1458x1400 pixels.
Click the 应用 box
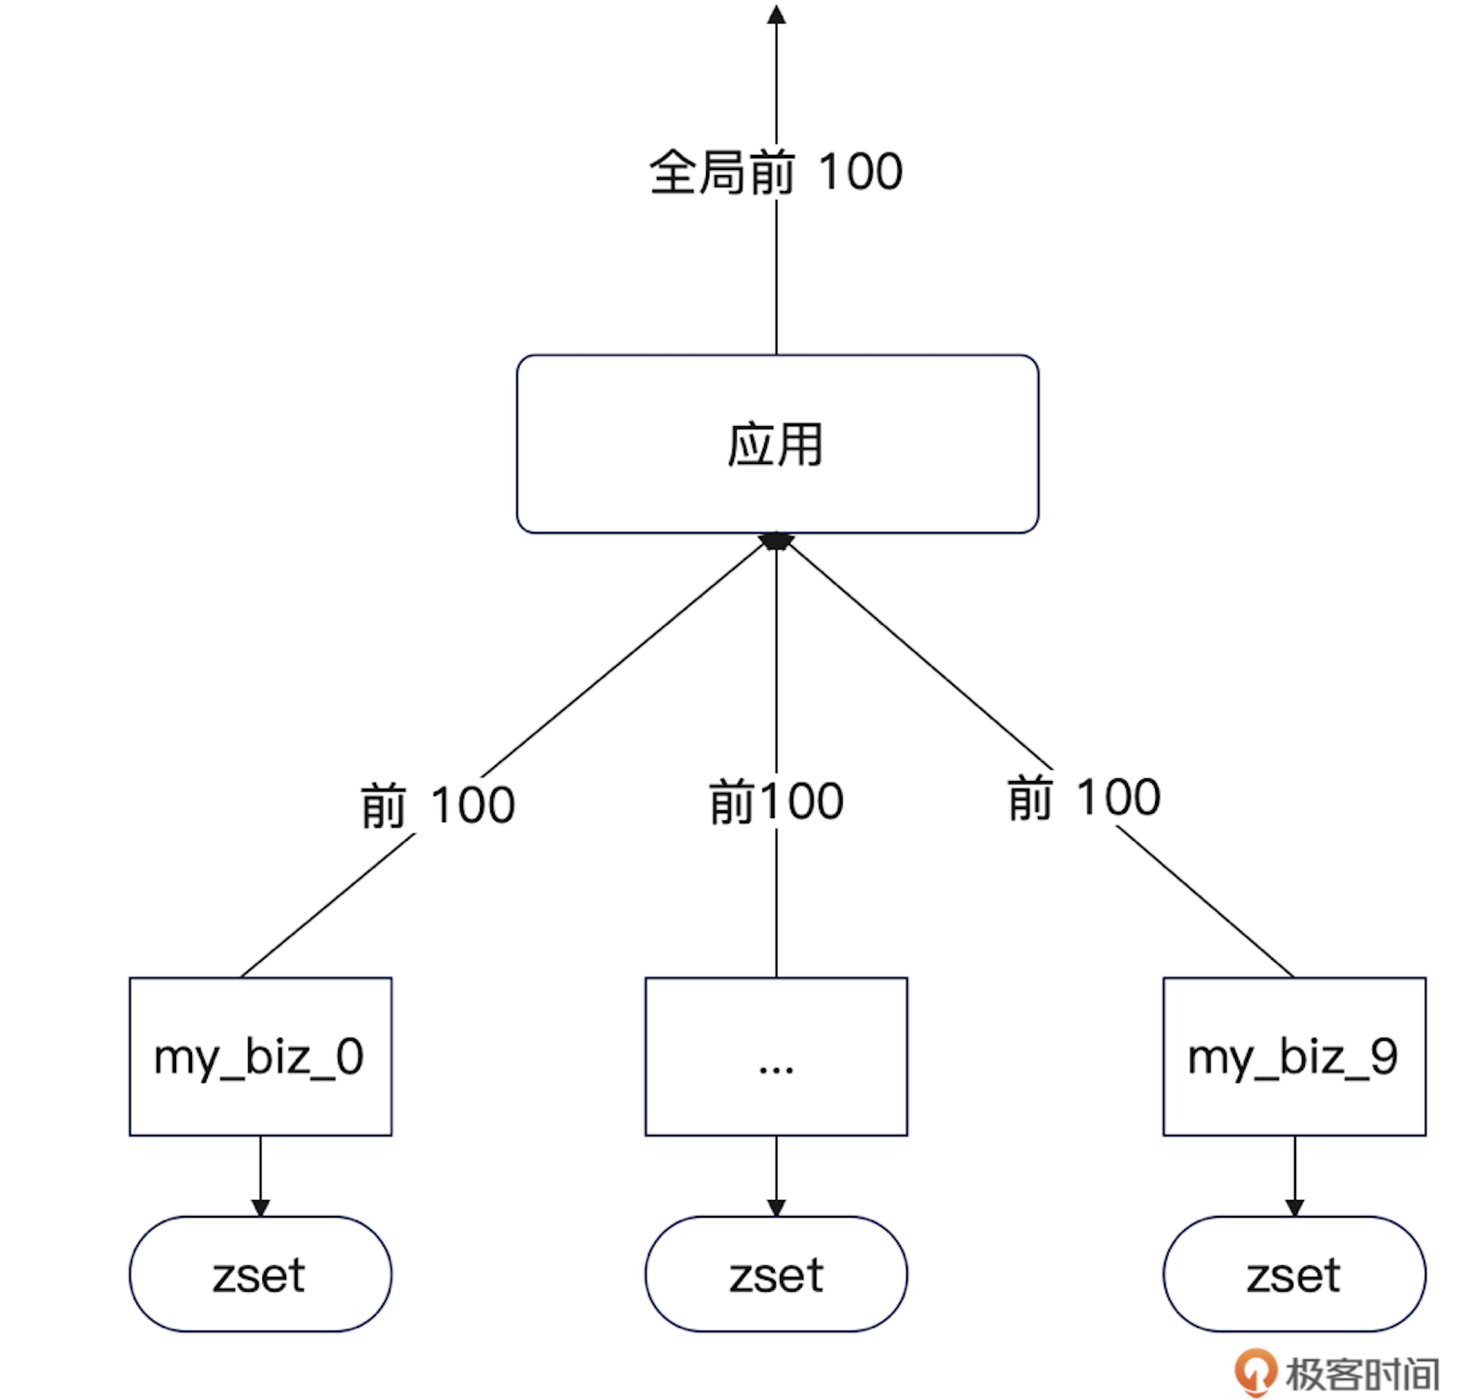777,444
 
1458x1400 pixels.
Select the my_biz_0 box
260,1056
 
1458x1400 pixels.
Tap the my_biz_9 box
1293,1056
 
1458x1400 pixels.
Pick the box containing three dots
776,1056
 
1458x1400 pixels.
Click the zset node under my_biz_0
260,1273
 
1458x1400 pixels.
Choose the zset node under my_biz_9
1293,1273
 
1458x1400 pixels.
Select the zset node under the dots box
776,1273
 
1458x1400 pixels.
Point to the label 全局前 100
776,172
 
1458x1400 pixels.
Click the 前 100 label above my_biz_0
438,805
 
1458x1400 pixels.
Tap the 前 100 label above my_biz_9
1084,798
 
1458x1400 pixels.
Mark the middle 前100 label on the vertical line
776,801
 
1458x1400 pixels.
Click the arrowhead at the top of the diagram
776,14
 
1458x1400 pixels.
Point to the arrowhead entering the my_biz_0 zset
260,1207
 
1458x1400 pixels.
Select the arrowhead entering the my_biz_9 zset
1293,1207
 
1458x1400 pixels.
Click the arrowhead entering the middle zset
776,1207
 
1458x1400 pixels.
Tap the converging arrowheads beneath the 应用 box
776,542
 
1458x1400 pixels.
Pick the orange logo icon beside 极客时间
1254,1371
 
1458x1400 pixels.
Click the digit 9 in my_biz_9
1383,1056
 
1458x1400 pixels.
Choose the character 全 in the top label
674,172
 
